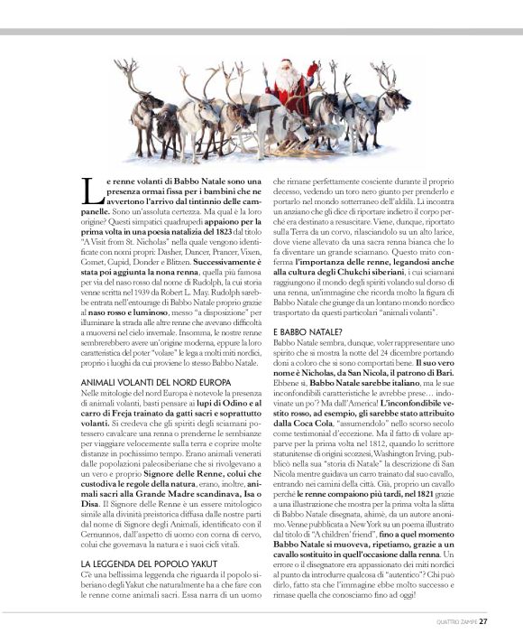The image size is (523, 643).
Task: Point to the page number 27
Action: (483, 620)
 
